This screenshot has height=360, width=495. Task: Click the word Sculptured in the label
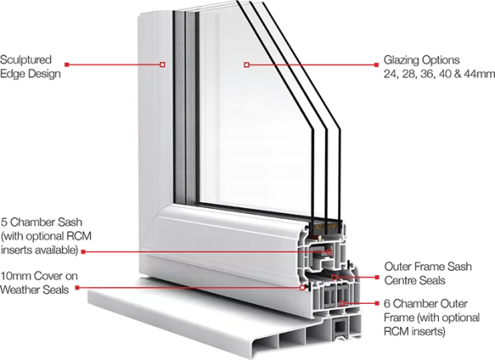tap(26, 59)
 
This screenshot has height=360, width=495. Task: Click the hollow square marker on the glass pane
tap(247, 64)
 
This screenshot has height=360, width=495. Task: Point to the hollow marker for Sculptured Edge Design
tap(163, 64)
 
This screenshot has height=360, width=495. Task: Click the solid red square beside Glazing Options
tap(376, 64)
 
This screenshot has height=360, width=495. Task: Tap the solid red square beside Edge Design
tap(67, 64)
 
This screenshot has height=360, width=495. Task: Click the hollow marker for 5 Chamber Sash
tap(329, 252)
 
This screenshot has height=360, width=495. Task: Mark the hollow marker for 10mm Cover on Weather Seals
tap(302, 287)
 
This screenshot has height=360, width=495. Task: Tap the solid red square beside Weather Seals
tap(77, 287)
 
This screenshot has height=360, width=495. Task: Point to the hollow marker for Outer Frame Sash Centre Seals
tap(334, 277)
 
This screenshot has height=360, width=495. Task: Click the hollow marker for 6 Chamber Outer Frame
tap(342, 303)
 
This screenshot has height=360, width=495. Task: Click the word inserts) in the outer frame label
tap(430, 332)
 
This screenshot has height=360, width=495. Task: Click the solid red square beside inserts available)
tap(83, 252)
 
